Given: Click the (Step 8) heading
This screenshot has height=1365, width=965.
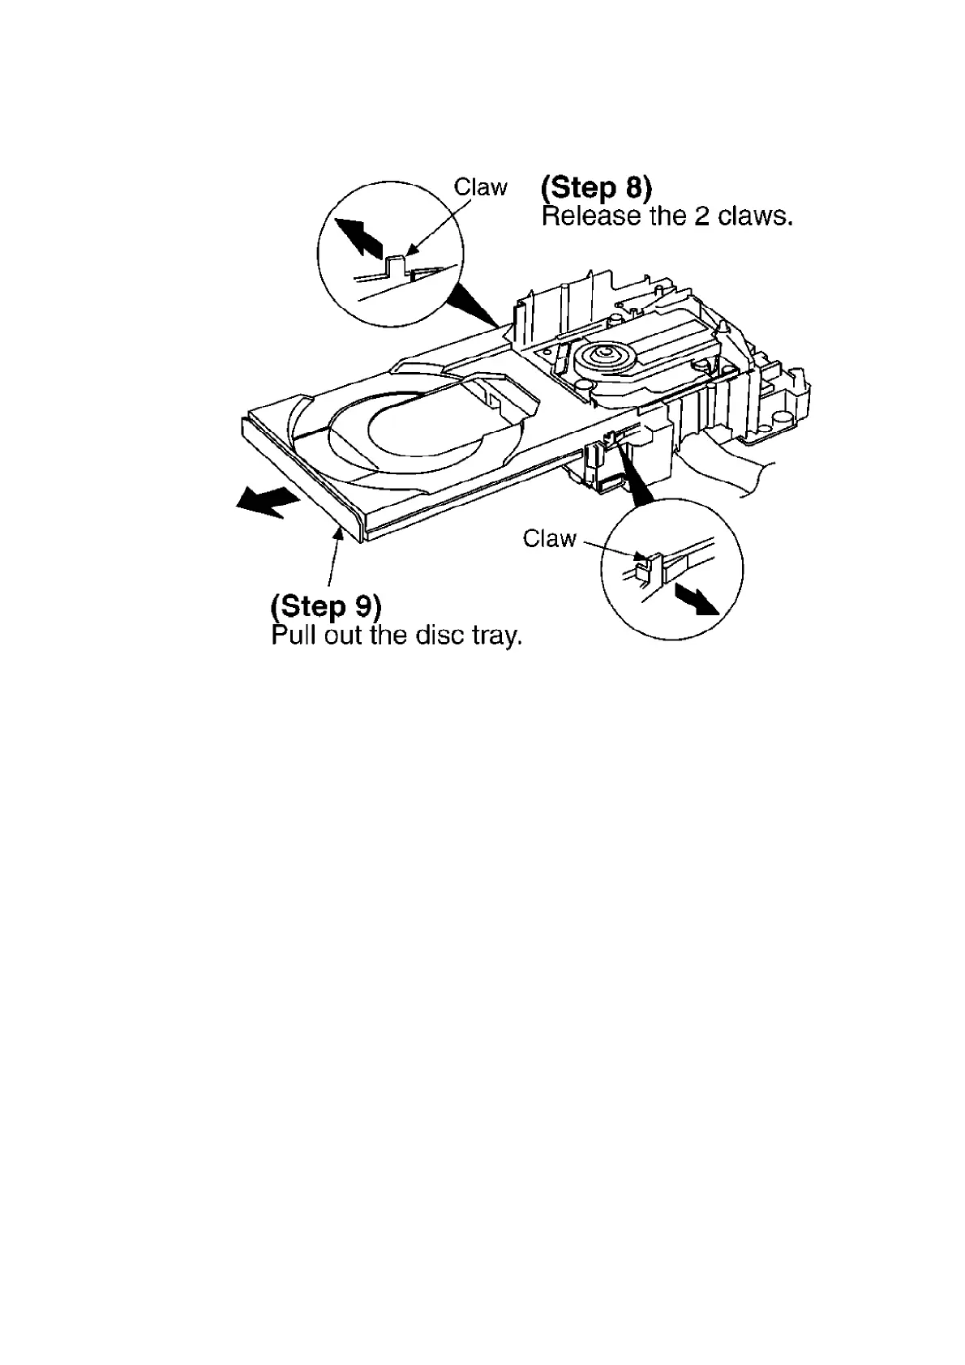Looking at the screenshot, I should [x=596, y=188].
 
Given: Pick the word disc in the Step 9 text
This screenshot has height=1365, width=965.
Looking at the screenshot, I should [x=438, y=635].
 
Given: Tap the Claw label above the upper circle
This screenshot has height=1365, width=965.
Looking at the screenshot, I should [x=480, y=187].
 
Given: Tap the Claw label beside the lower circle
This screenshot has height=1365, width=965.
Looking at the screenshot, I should [x=550, y=538].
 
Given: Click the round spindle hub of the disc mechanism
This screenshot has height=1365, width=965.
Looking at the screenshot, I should [x=604, y=354].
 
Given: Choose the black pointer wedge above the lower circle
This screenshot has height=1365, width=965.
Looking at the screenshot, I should [x=637, y=482].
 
